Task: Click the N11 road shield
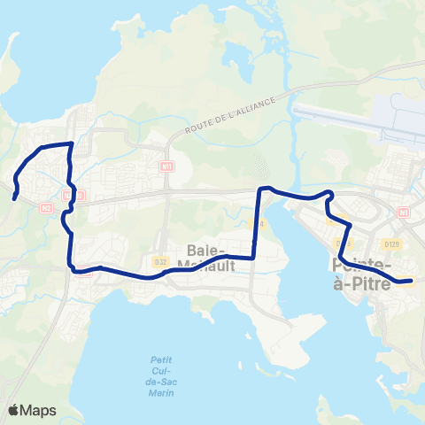pyautogui.click(x=167, y=166)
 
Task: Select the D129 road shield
pyautogui.click(x=391, y=243)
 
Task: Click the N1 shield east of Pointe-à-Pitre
pyautogui.click(x=405, y=212)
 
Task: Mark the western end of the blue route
pyautogui.click(x=17, y=197)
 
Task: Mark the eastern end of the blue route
pyautogui.click(x=412, y=282)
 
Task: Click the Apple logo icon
pyautogui.click(x=15, y=410)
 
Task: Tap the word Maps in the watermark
pyautogui.click(x=40, y=410)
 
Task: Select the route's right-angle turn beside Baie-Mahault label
pyautogui.click(x=255, y=257)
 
